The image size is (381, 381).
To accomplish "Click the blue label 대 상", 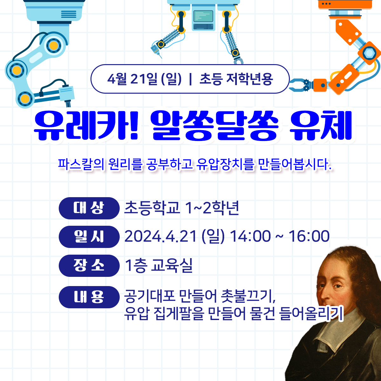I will [89, 208].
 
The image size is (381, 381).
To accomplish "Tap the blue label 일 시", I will [89, 237].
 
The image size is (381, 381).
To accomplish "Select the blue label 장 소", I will [89, 265].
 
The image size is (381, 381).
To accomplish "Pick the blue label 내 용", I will [89, 297].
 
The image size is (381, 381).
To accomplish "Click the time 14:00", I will [250, 237].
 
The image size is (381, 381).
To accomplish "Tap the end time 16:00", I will [309, 237].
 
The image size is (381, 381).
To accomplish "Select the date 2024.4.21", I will [161, 237].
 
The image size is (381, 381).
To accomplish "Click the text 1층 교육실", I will [159, 265].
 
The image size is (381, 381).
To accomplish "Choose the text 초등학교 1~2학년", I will [181, 208].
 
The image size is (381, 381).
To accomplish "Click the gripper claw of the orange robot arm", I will [298, 84].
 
